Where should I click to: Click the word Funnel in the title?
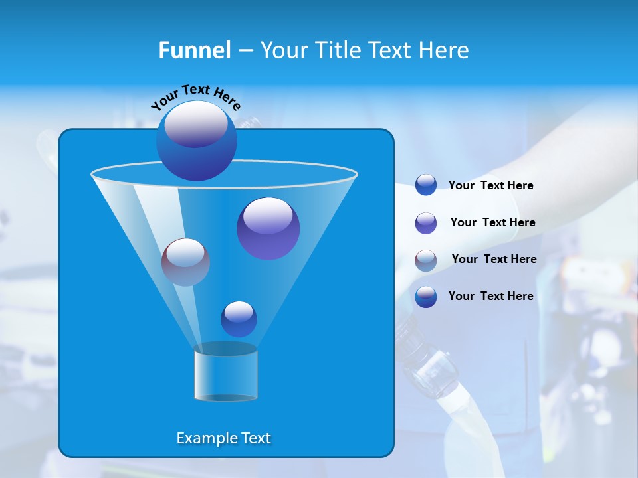pyautogui.click(x=194, y=50)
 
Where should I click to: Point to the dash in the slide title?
pyautogui.click(x=245, y=51)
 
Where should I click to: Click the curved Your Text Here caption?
pyautogui.click(x=195, y=96)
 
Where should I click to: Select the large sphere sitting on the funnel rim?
pyautogui.click(x=196, y=140)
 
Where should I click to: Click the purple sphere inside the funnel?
pyautogui.click(x=268, y=228)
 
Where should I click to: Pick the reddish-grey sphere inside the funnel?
pyautogui.click(x=185, y=262)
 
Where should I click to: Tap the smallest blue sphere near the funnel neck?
pyautogui.click(x=239, y=319)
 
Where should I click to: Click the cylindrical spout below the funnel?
pyautogui.click(x=225, y=373)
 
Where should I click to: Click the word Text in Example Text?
pyautogui.click(x=256, y=438)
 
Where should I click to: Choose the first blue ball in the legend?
pyautogui.click(x=426, y=185)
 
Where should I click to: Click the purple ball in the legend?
pyautogui.click(x=426, y=223)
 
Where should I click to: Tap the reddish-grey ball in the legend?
pyautogui.click(x=426, y=260)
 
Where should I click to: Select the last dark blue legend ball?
pyautogui.click(x=426, y=297)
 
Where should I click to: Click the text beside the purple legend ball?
pyautogui.click(x=492, y=222)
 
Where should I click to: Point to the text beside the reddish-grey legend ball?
pyautogui.click(x=494, y=259)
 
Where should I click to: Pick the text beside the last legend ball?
pyautogui.click(x=490, y=296)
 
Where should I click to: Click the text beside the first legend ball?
pyautogui.click(x=490, y=185)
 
